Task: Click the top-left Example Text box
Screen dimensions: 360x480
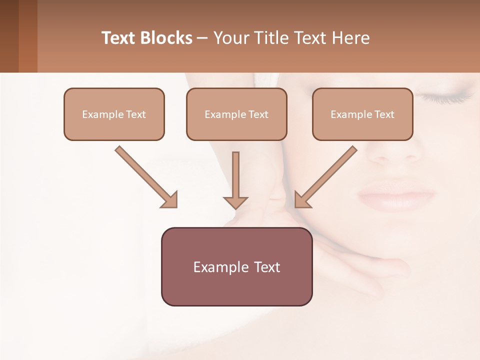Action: (114, 114)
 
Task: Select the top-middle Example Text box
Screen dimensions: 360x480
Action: (236, 114)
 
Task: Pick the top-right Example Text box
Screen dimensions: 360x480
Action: (362, 114)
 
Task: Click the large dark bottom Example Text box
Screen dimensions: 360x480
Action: (236, 266)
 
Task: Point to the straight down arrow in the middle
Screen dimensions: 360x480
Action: (235, 180)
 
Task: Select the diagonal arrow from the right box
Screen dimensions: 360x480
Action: (326, 177)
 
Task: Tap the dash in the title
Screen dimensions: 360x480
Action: (203, 38)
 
